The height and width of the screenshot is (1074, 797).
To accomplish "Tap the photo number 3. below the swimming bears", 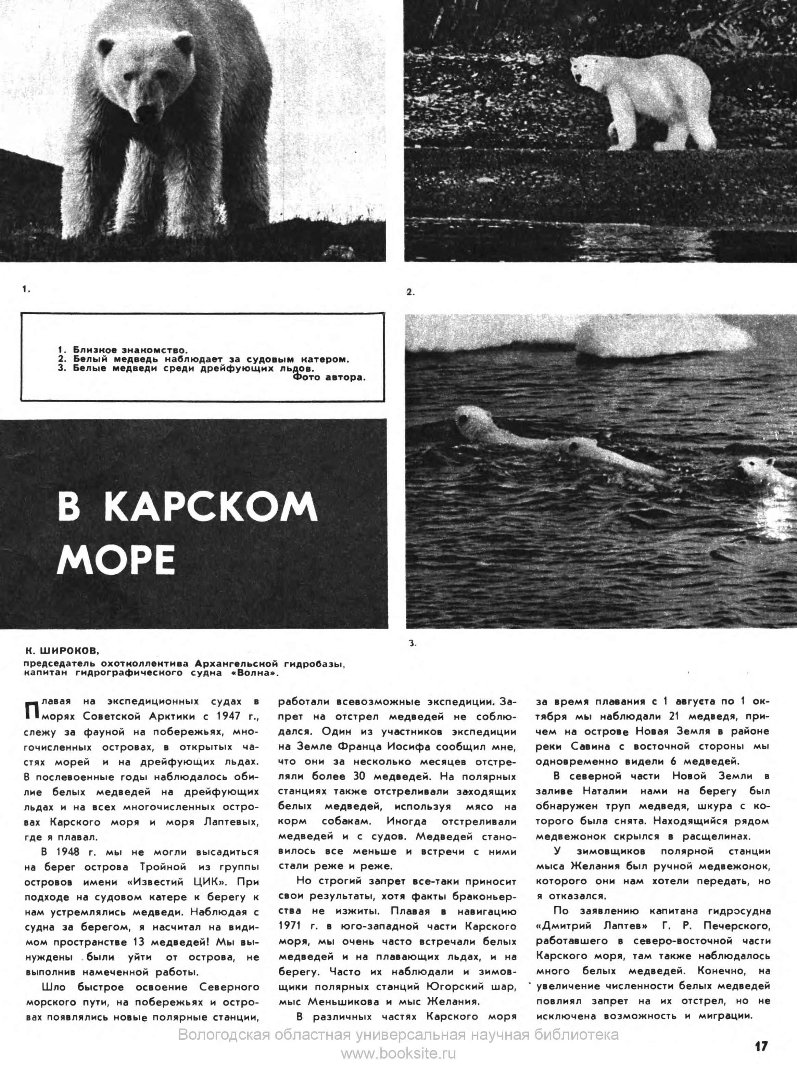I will (413, 643).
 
